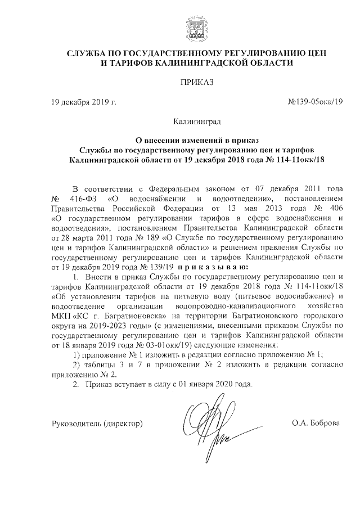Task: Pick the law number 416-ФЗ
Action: tap(80, 199)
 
